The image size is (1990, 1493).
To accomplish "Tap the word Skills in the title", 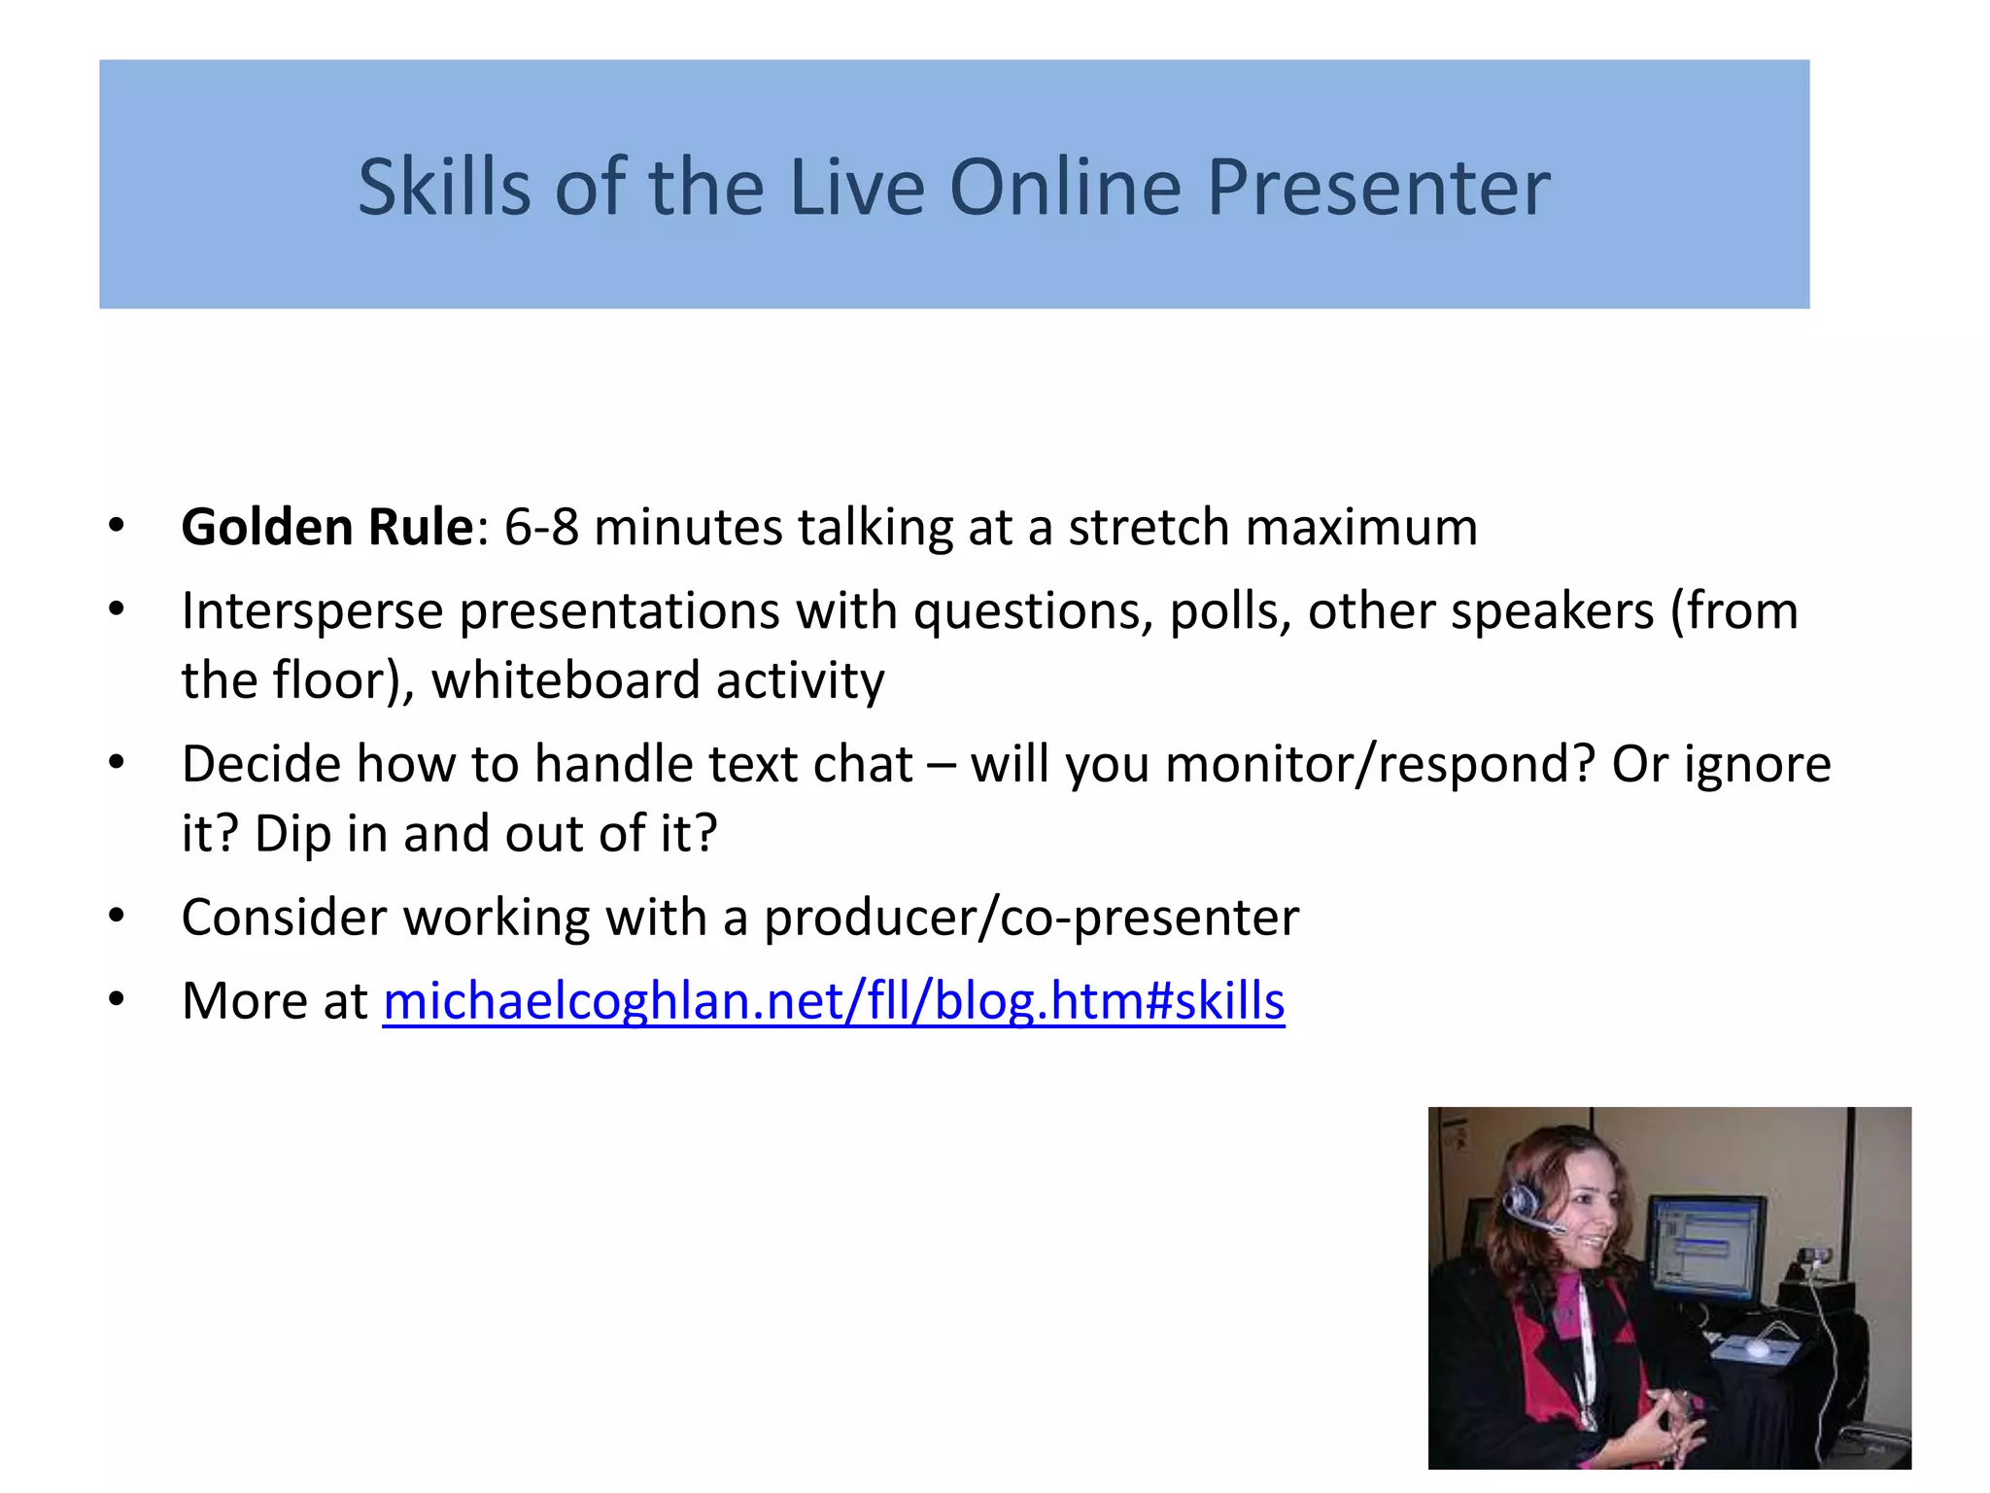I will coord(444,187).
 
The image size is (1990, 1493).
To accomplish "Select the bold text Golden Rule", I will coord(327,528).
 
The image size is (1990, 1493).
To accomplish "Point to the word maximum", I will coord(1360,528).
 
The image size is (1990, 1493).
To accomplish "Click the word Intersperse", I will coord(312,612).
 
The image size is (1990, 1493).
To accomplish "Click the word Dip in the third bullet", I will coord(292,834).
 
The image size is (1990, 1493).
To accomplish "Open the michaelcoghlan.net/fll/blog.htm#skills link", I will coord(834,1002).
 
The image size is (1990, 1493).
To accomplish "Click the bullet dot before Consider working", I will coord(117,917).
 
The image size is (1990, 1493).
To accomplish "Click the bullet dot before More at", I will coord(117,1000).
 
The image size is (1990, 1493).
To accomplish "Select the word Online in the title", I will coord(1065,187).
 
